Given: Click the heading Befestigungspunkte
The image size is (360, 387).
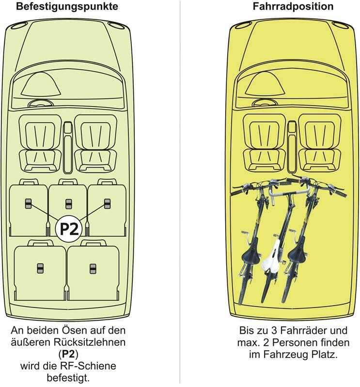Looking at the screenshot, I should click(x=67, y=7).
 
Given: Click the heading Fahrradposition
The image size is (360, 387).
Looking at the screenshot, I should click(x=293, y=7).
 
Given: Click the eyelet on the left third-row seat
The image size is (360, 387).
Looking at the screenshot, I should click(x=40, y=268).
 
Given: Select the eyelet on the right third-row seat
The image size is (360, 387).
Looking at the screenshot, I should click(x=93, y=268).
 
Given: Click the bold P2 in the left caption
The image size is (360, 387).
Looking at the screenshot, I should click(x=68, y=354).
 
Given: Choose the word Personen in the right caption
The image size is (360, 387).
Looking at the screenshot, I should click(x=300, y=343).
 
